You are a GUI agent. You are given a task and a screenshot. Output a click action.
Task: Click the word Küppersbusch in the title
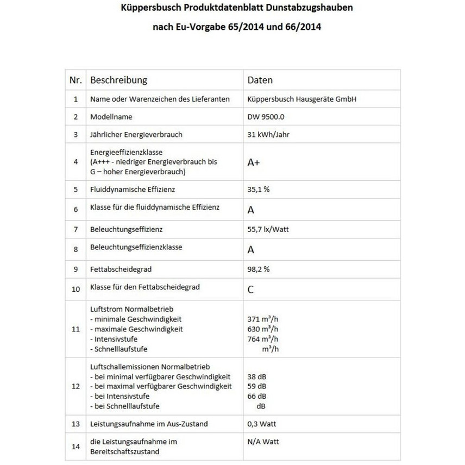(144, 9)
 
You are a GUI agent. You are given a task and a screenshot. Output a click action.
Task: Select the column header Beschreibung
(118, 80)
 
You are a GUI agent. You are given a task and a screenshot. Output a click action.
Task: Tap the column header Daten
(260, 80)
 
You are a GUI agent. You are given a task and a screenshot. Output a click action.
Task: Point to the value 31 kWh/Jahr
(268, 135)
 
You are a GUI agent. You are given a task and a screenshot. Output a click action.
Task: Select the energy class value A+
(253, 162)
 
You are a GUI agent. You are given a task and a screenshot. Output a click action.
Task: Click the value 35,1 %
(259, 190)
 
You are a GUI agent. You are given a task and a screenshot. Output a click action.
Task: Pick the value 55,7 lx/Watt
(268, 229)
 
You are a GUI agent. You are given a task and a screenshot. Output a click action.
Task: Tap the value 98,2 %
(259, 269)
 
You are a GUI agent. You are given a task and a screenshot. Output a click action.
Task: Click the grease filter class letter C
(250, 289)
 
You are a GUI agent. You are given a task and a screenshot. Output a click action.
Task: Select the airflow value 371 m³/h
(263, 319)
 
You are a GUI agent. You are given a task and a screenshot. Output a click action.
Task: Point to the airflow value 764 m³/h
(263, 339)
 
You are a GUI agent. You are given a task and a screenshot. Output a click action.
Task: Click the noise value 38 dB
(256, 376)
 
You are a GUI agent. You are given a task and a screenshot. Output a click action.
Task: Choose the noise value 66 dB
(256, 396)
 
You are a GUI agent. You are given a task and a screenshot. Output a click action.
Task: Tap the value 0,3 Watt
(262, 424)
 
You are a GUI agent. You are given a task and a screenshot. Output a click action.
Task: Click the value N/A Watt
(263, 442)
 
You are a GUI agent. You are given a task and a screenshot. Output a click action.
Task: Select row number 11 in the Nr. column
(76, 329)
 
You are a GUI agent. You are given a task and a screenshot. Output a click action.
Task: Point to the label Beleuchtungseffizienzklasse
(136, 247)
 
